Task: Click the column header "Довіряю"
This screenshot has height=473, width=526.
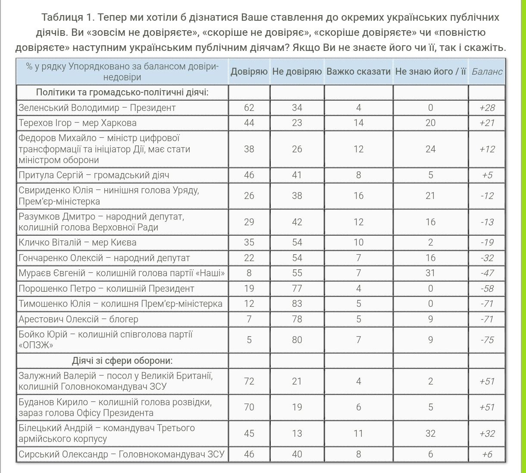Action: point(249,72)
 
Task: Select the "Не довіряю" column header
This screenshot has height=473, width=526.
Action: point(297,72)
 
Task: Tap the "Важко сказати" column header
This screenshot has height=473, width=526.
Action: point(358,72)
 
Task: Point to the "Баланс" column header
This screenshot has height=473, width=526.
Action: point(487,72)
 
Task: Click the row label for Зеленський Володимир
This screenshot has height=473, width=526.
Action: point(97,107)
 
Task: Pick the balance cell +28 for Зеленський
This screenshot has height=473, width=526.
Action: point(487,107)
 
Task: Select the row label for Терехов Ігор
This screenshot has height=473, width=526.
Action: point(78,123)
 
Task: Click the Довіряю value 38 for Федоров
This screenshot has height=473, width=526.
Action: point(249,149)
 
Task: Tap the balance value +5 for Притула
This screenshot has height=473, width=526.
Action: point(487,175)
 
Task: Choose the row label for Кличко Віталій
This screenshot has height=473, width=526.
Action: point(78,243)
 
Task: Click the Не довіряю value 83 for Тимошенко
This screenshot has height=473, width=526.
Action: point(297,304)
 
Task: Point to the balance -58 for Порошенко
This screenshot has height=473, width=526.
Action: point(487,288)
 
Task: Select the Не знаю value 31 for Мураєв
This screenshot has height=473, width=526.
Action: point(430,273)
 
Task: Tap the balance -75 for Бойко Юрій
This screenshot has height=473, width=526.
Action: point(487,340)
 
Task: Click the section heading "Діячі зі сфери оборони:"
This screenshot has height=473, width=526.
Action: point(122,361)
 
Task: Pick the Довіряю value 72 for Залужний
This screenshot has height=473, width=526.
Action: point(249,381)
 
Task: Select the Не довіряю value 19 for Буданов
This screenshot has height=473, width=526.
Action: point(297,407)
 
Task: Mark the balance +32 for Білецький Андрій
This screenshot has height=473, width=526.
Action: point(487,433)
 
